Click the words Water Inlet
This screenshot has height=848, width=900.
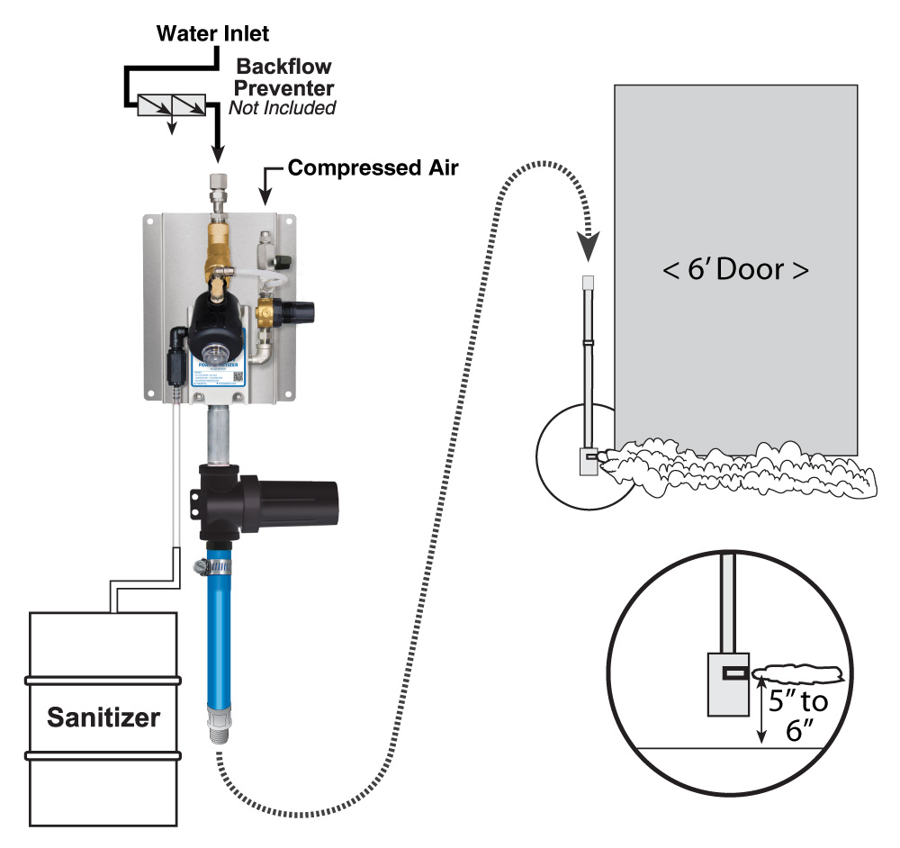212,34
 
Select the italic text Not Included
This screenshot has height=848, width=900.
282,108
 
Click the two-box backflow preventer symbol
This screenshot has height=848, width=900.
171,106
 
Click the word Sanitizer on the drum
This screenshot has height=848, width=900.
103,717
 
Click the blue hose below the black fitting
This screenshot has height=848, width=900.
220,639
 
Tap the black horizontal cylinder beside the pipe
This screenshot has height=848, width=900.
301,504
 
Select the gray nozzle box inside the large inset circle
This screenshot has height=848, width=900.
727,682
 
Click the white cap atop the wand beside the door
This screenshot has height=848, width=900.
589,283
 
